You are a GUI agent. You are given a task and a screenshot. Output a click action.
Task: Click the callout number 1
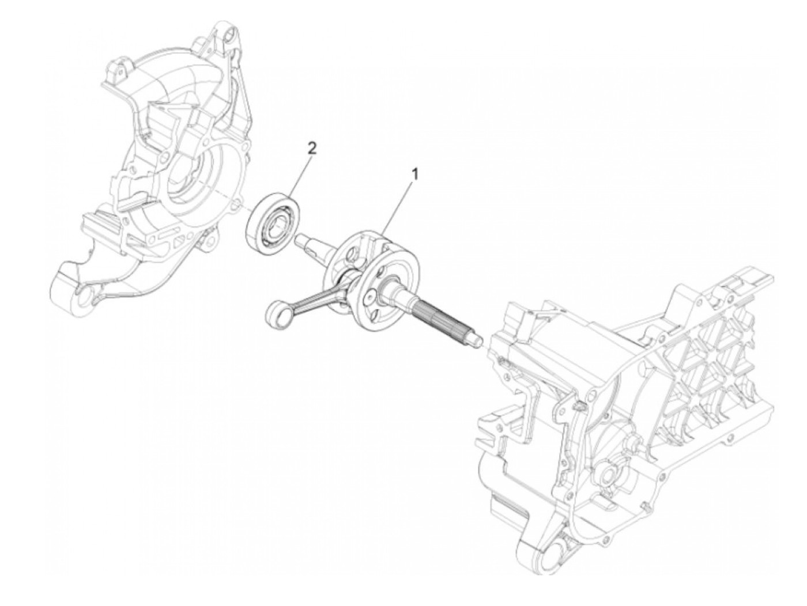coord(414,172)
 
